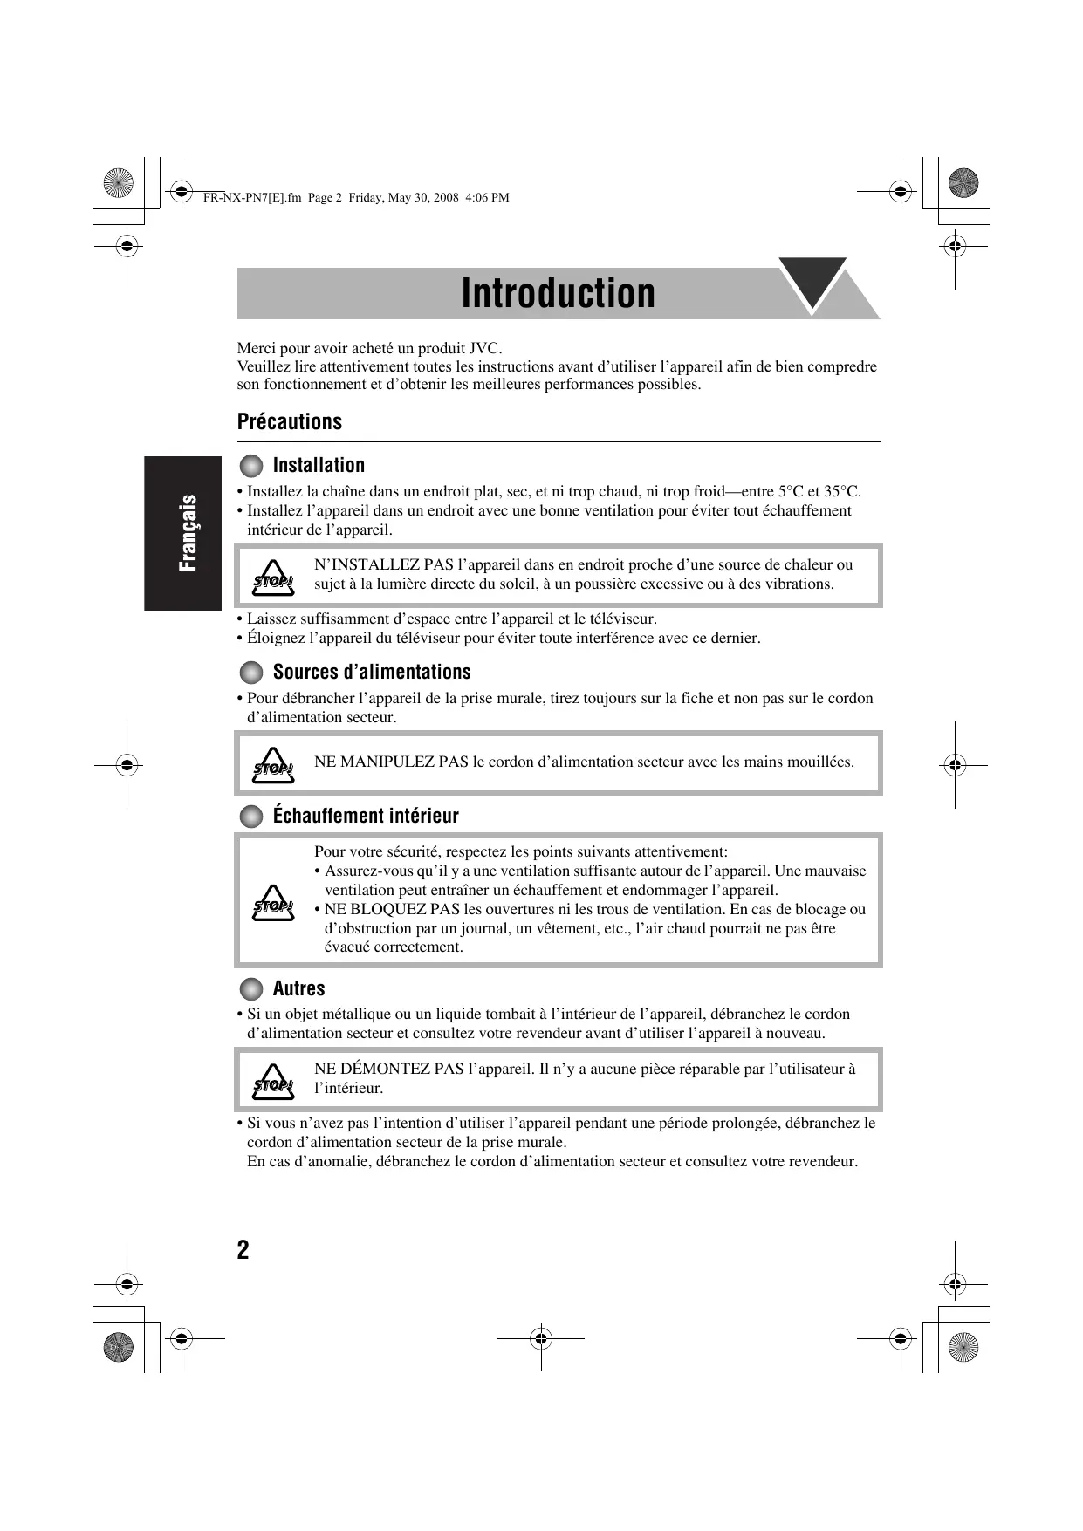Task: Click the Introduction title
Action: point(558,293)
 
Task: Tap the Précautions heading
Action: point(290,421)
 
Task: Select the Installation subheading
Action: point(319,465)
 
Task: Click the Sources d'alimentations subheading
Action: point(372,672)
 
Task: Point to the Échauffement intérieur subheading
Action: point(366,816)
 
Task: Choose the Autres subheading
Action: point(298,988)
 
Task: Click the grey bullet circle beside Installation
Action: point(251,466)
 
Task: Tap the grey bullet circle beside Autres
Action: point(251,989)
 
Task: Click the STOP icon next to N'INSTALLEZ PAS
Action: point(272,578)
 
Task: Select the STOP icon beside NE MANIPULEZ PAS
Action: point(272,765)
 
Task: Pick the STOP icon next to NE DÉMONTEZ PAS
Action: point(272,1082)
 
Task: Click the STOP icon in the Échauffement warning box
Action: point(272,903)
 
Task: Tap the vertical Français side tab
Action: point(187,533)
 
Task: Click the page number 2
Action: point(243,1250)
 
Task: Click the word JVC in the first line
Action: point(484,348)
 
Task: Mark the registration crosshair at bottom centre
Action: point(540,1336)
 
